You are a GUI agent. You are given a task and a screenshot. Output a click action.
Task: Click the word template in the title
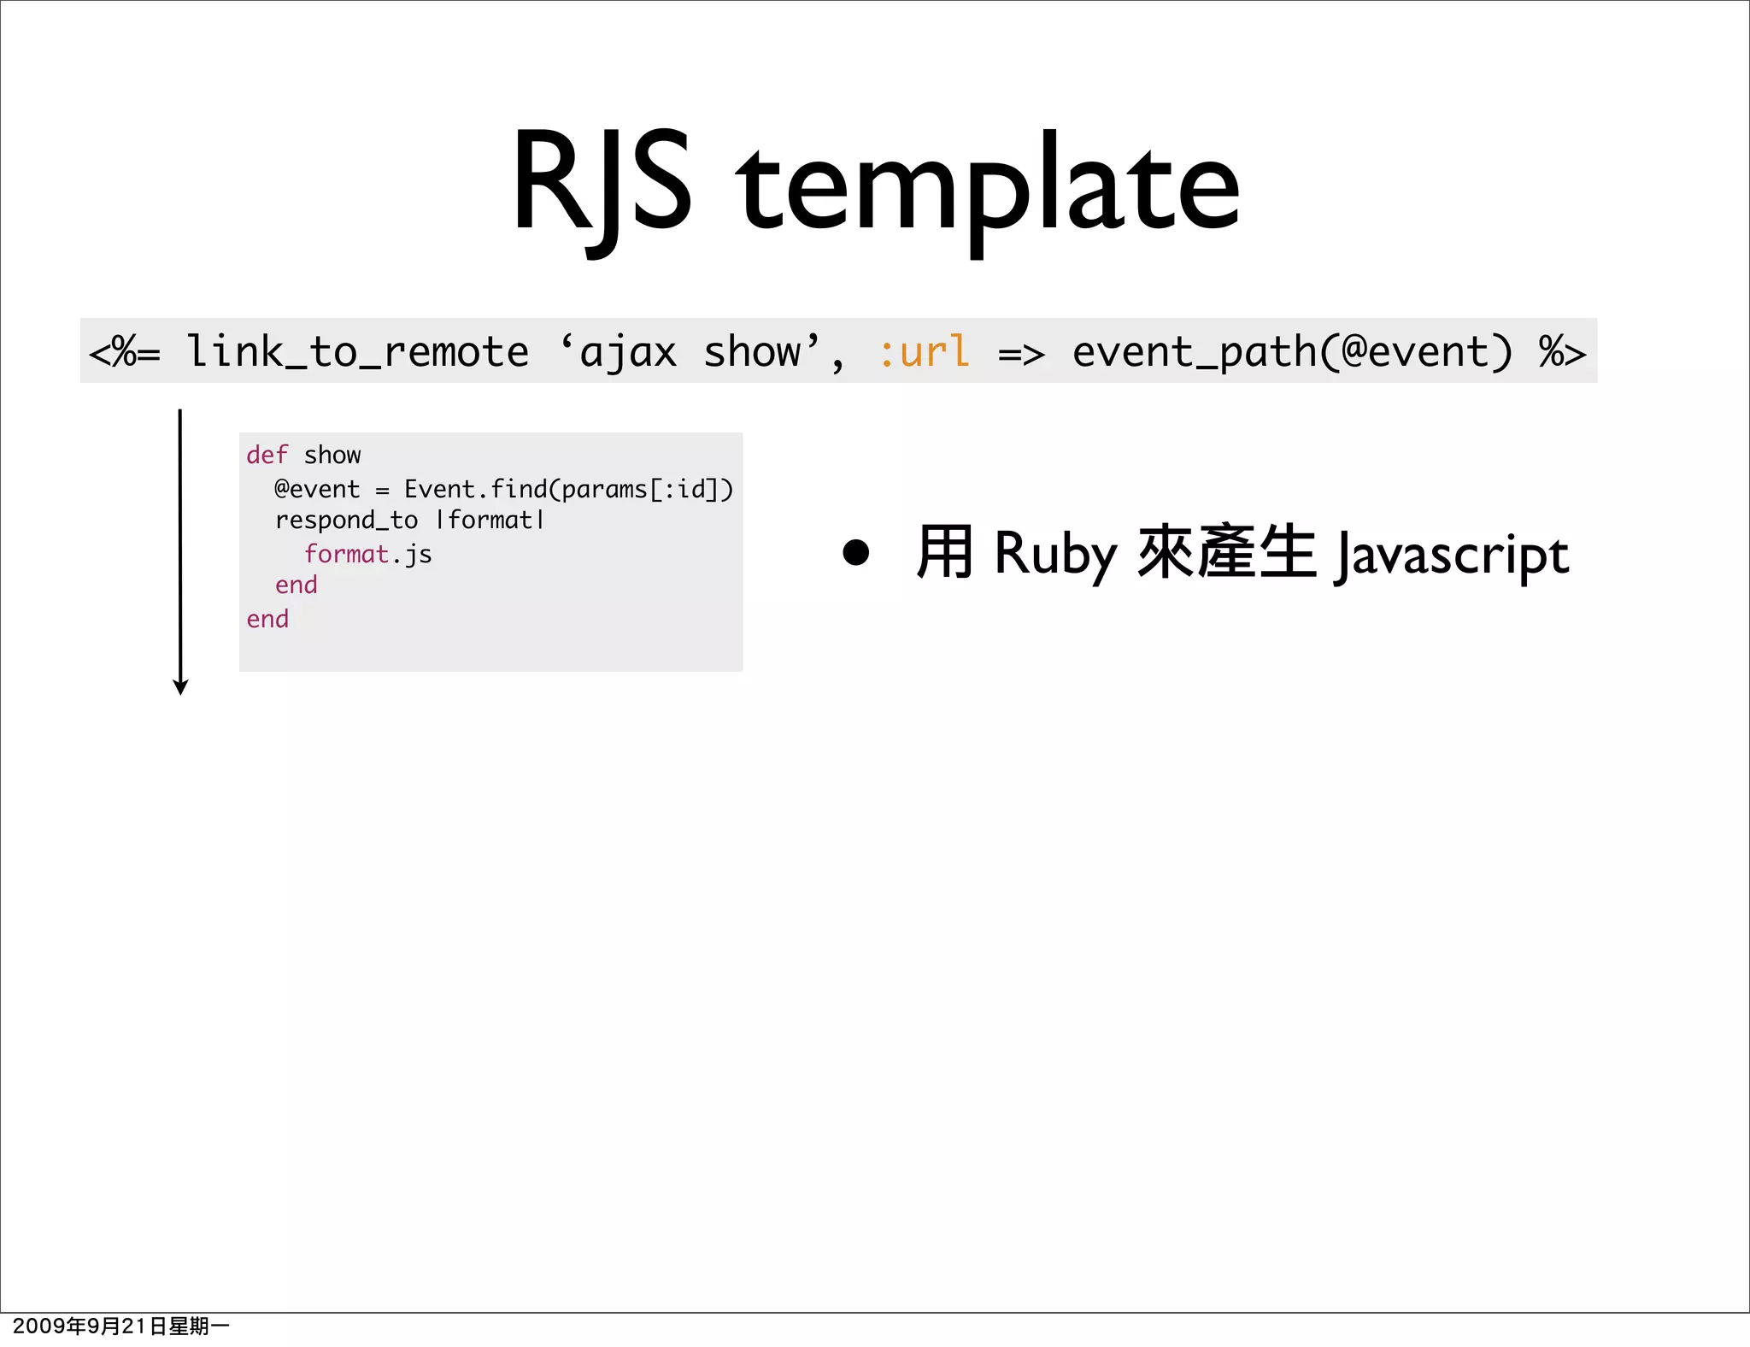coord(988,190)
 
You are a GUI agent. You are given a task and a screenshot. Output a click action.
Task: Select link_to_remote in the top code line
coord(357,352)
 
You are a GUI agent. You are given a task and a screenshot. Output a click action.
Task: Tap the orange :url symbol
coord(924,352)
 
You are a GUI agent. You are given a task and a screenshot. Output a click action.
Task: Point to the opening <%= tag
coord(125,352)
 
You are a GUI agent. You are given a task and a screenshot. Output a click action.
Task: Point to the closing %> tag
coord(1561,352)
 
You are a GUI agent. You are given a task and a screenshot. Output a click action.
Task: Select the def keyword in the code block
coord(267,455)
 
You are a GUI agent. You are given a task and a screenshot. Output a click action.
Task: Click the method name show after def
coord(332,455)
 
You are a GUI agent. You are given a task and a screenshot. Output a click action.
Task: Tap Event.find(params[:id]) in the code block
coord(568,489)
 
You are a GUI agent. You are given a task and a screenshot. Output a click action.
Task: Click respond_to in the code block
coord(346,521)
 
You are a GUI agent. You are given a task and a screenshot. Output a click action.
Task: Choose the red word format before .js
coord(346,554)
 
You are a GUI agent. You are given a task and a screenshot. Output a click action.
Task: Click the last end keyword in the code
coord(267,619)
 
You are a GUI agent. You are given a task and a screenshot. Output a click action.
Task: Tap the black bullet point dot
coord(855,552)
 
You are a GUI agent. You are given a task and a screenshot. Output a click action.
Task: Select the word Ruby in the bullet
coord(1055,554)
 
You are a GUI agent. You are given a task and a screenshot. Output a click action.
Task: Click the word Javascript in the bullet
coord(1452,556)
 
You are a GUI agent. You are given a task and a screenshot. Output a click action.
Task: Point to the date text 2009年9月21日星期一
coord(120,1326)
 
